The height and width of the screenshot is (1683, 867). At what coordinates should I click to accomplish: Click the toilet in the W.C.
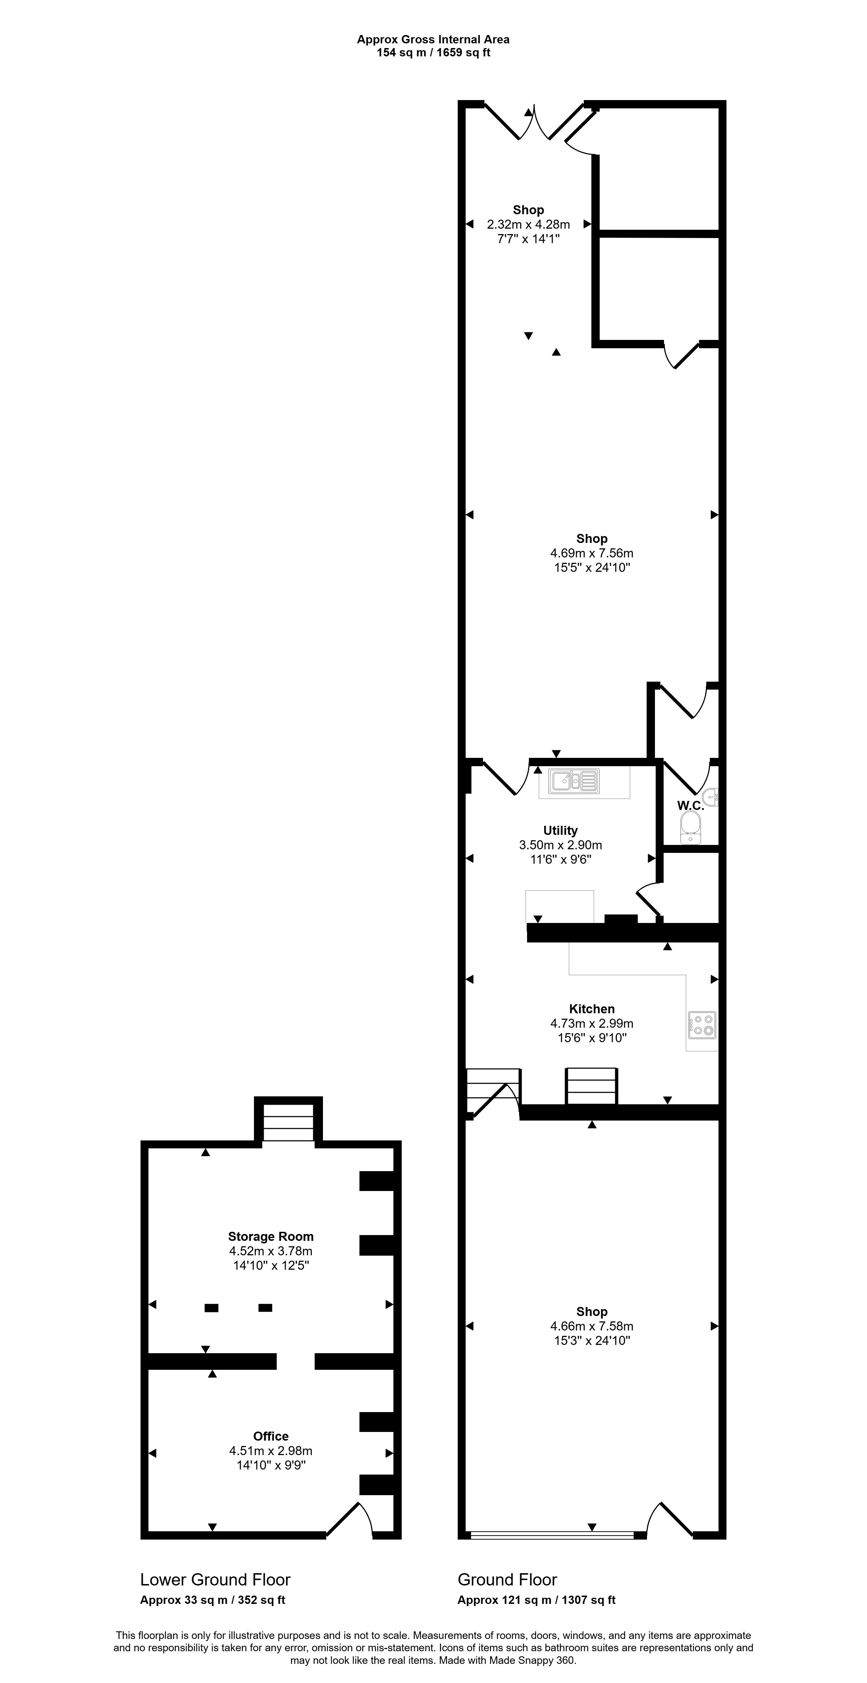click(690, 828)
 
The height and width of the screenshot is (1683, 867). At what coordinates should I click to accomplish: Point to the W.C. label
click(690, 806)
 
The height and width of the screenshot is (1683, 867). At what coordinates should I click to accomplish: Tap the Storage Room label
click(271, 1236)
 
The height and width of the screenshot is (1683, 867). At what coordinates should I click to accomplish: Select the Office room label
click(271, 1436)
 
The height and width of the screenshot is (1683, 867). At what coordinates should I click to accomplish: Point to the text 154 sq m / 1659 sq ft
click(433, 52)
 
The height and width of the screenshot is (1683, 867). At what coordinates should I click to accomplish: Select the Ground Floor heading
click(507, 1580)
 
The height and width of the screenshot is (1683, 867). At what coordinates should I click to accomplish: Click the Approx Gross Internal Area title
click(433, 39)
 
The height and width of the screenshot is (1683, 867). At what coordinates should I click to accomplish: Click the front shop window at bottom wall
click(552, 1535)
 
